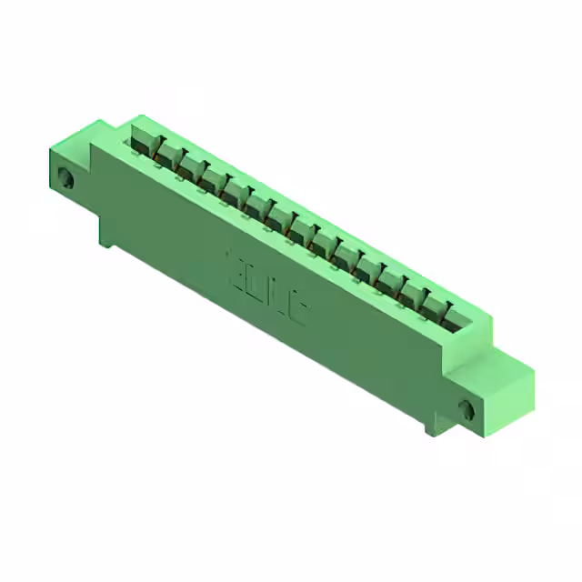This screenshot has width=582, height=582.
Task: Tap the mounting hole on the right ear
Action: (469, 409)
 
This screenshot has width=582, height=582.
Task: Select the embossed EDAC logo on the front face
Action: (266, 288)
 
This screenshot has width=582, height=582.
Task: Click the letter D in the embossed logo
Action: (255, 282)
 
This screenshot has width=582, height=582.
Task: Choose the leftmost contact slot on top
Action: (143, 141)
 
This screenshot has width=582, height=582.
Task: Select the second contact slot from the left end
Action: (167, 155)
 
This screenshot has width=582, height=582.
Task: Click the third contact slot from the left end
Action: (191, 168)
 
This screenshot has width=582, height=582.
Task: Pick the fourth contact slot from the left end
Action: (215, 182)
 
